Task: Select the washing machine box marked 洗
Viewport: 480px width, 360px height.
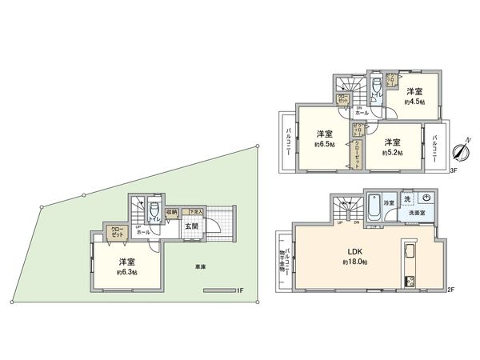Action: [407, 198]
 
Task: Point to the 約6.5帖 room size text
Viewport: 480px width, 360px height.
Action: [324, 145]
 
